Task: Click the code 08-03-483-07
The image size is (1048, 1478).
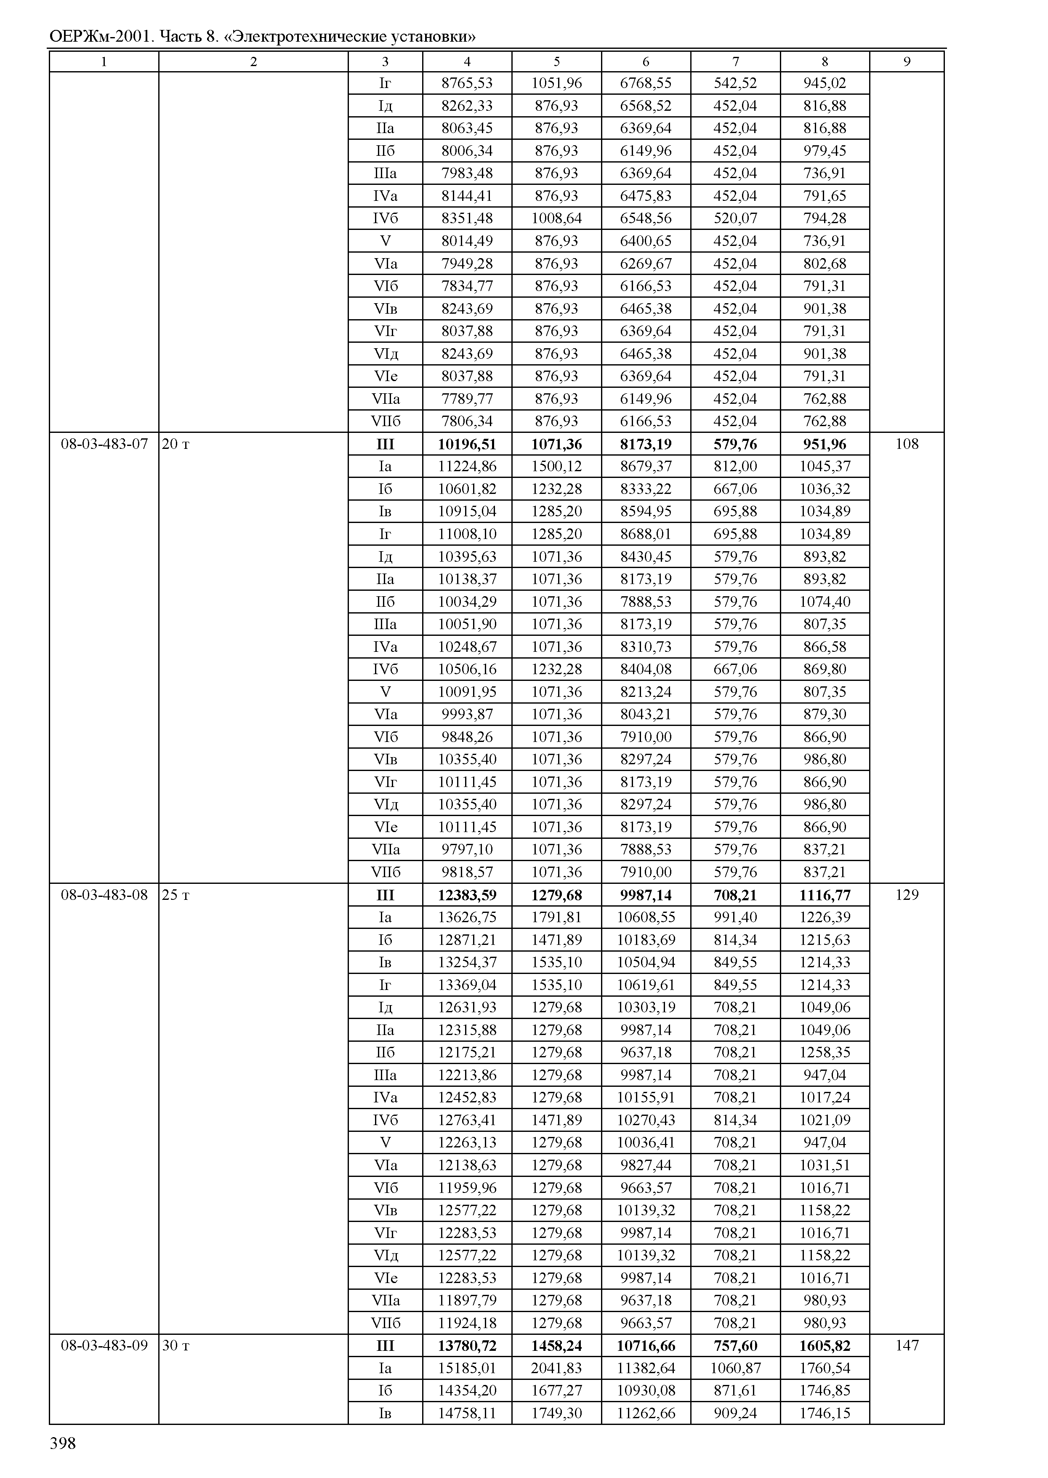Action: click(x=104, y=444)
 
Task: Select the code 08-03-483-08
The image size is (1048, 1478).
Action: click(x=104, y=895)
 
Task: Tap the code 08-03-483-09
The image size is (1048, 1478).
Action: click(x=104, y=1346)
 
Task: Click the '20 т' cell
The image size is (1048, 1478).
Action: click(x=176, y=444)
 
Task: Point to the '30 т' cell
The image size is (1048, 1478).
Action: click(x=176, y=1346)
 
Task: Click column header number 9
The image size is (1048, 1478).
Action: click(x=907, y=62)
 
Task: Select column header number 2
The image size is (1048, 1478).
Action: click(x=254, y=62)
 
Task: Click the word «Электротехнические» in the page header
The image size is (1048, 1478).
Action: click(x=306, y=37)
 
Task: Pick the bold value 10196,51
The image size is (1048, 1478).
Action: click(x=467, y=444)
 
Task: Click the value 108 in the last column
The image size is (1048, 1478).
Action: click(x=907, y=444)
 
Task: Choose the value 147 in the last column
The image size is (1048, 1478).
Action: click(x=907, y=1346)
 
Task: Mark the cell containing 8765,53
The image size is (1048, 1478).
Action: click(x=467, y=83)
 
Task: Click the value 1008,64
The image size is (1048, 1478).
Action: click(x=556, y=218)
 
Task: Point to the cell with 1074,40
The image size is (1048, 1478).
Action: click(x=825, y=602)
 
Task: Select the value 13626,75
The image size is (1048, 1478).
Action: click(x=467, y=918)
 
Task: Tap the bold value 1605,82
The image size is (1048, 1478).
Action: click(x=825, y=1346)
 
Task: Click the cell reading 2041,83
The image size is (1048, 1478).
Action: click(x=556, y=1368)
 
